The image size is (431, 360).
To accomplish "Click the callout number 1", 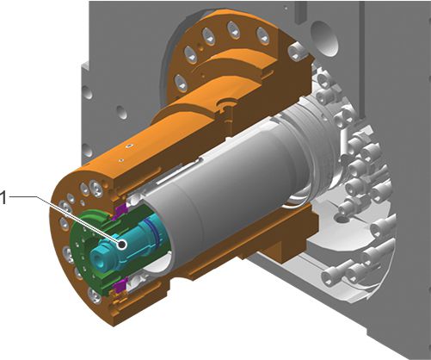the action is click(3, 198).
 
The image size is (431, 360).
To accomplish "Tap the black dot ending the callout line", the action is click(122, 245).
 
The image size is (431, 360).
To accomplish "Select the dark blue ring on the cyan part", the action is click(154, 233).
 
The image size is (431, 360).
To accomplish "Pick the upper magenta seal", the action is click(120, 211).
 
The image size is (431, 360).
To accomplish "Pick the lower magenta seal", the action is click(119, 285).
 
